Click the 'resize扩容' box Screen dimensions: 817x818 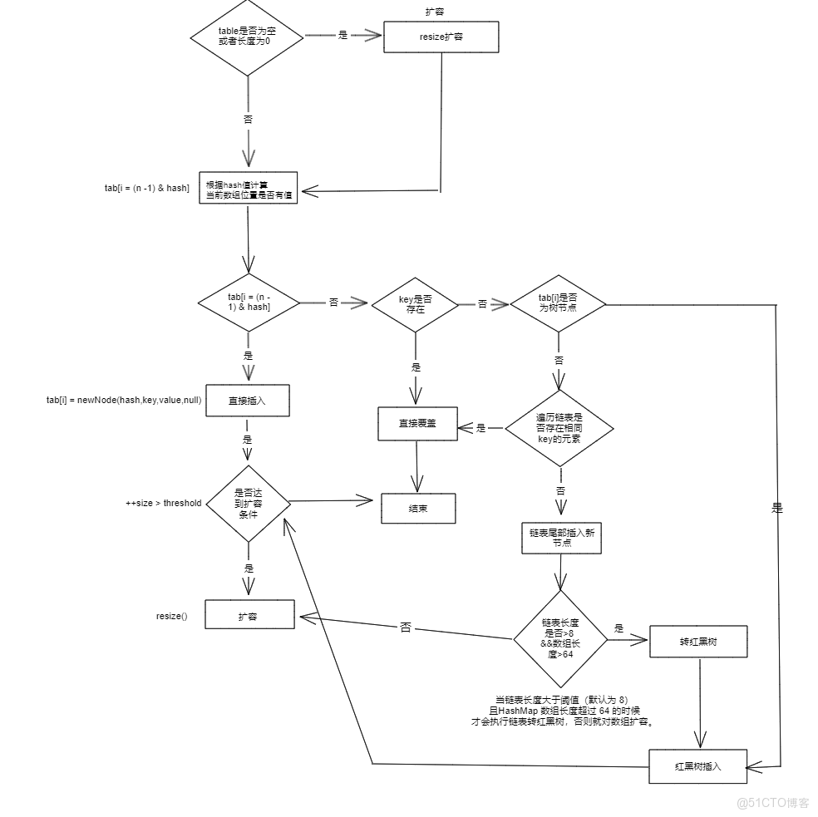pos(441,37)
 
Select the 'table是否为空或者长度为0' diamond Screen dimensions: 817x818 pos(248,37)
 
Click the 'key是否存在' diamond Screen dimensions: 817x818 pos(415,303)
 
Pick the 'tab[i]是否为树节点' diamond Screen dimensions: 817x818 pos(558,303)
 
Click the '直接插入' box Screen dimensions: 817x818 pos(247,400)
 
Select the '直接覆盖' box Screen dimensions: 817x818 pos(417,423)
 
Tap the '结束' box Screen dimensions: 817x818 pos(418,508)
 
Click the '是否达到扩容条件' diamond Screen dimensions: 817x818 pos(248,503)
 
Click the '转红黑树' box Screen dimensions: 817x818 pos(698,641)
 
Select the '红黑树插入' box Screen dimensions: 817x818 pos(697,766)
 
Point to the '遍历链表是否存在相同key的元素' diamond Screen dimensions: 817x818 pos(560,428)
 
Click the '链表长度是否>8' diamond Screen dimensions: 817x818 pos(560,638)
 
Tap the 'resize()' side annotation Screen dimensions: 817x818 pos(172,616)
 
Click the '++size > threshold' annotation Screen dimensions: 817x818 pos(163,503)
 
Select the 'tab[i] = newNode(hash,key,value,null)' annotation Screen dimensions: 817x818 pos(123,400)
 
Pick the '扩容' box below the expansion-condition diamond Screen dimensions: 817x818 pos(249,616)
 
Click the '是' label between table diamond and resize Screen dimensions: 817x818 pos(342,36)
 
